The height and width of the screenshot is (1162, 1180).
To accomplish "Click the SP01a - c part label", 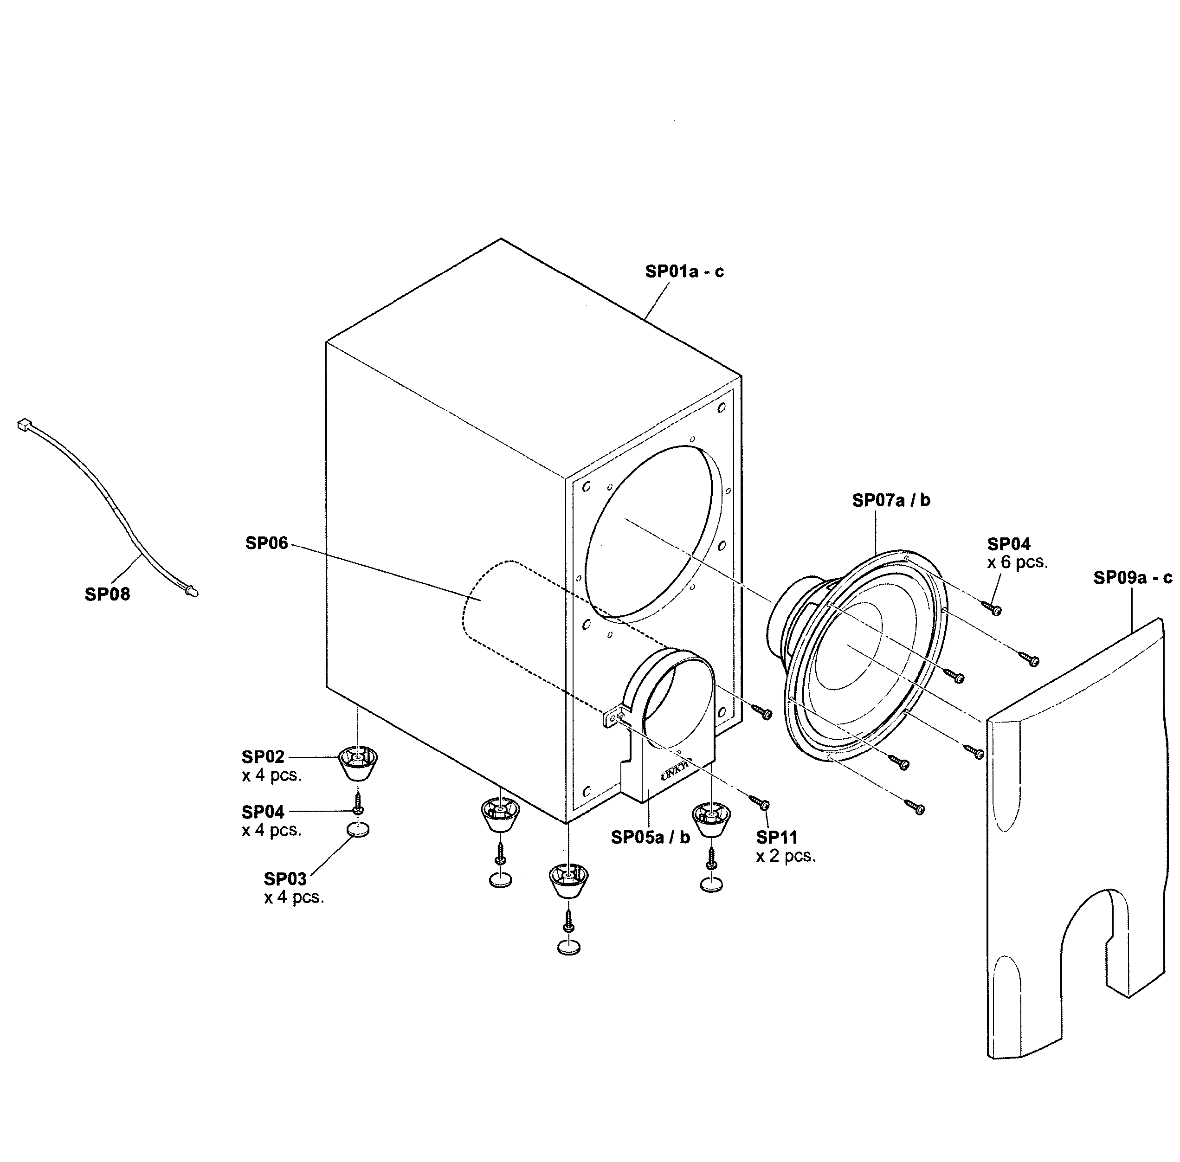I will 684,271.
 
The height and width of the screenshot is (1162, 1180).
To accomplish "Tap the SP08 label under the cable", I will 107,594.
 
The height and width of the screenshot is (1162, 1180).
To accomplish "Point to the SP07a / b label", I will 891,500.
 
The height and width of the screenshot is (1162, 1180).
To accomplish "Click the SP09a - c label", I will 1132,577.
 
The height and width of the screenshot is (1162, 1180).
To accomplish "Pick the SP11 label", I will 776,837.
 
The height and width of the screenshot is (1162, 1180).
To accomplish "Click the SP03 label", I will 285,879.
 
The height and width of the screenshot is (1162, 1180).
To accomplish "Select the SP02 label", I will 263,757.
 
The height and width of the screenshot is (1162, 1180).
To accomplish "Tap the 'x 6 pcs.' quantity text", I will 1017,562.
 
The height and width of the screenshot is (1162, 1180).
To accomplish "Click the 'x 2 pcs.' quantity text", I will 786,856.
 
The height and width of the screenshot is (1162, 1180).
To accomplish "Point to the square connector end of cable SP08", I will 24,424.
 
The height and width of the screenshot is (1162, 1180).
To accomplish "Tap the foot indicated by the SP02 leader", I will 358,763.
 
